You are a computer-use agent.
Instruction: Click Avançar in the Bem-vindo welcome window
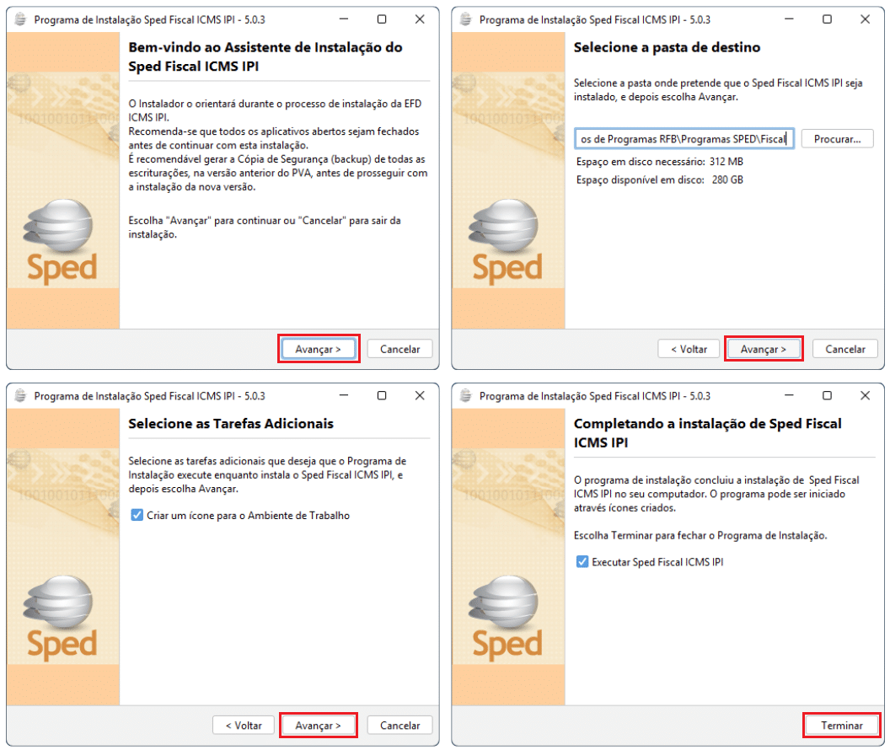pyautogui.click(x=318, y=349)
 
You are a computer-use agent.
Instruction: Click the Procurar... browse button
pyautogui.click(x=837, y=139)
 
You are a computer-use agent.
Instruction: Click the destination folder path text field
pyautogui.click(x=684, y=139)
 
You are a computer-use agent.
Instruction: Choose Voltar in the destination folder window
pyautogui.click(x=689, y=349)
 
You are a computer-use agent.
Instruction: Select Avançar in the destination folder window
pyautogui.click(x=764, y=349)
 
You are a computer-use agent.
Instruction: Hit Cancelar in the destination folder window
pyautogui.click(x=845, y=349)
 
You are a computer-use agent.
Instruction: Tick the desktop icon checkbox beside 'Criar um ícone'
pyautogui.click(x=137, y=515)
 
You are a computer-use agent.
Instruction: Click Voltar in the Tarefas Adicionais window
pyautogui.click(x=244, y=725)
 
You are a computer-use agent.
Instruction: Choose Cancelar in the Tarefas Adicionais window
pyautogui.click(x=399, y=725)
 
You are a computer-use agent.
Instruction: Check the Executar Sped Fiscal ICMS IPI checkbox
pyautogui.click(x=582, y=561)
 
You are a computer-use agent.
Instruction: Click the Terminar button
pyautogui.click(x=842, y=725)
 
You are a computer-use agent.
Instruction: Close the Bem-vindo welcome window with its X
pyautogui.click(x=420, y=19)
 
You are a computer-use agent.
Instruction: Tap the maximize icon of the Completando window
pyautogui.click(x=827, y=395)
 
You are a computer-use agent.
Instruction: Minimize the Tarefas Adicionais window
pyautogui.click(x=344, y=395)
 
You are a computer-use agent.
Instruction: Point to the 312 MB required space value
pyautogui.click(x=726, y=162)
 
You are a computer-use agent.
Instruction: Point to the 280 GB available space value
pyautogui.click(x=727, y=179)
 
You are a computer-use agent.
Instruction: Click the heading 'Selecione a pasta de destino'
pyautogui.click(x=667, y=48)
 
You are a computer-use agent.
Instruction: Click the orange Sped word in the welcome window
pyautogui.click(x=62, y=268)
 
